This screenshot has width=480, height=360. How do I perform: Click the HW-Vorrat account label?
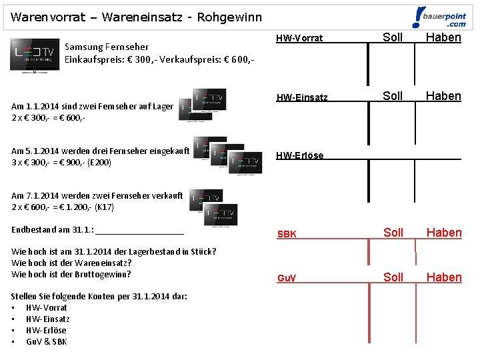coord(299,39)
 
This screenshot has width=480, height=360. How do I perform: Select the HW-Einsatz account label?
coord(302,97)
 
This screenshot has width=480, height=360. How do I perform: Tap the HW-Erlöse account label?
coord(299,155)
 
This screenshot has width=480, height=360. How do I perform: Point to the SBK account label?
coord(287,234)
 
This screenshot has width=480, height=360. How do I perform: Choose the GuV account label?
coord(287,278)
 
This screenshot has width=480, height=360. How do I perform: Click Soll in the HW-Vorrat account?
coord(393,37)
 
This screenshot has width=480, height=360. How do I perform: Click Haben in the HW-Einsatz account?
coord(443,96)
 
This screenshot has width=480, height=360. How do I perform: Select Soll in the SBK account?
coord(393,233)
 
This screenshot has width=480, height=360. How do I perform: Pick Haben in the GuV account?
coord(444,277)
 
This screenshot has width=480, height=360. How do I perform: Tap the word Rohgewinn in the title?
coord(225,17)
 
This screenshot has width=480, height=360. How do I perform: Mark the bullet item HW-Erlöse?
coord(46,330)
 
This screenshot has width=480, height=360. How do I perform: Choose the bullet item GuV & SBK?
coord(46,341)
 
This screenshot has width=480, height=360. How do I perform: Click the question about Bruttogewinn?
coord(71,274)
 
